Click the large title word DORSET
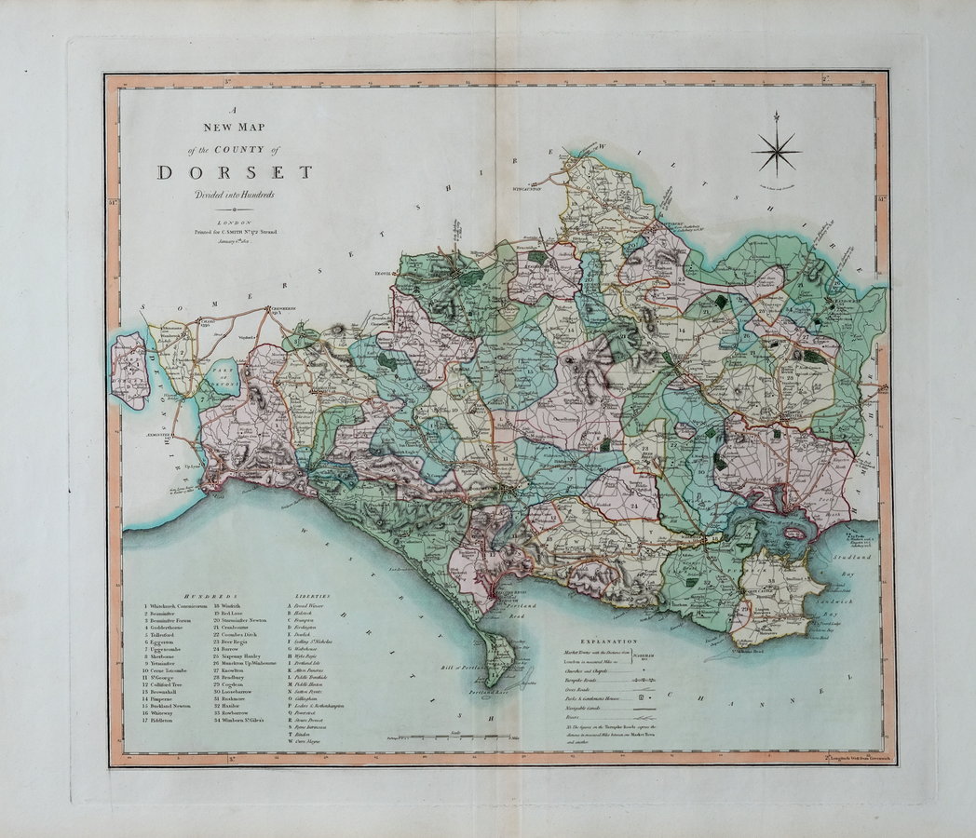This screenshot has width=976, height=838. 235,171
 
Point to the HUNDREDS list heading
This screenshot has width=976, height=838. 211,594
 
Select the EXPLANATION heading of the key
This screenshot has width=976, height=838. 608,642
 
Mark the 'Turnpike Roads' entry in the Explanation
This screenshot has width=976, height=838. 597,682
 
